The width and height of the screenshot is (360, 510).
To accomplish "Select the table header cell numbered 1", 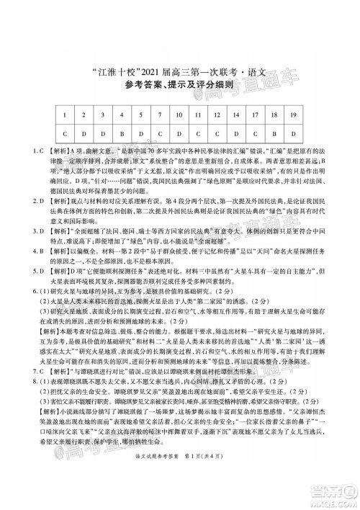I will [x=66, y=114].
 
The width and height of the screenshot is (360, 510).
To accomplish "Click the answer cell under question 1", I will [x=66, y=133].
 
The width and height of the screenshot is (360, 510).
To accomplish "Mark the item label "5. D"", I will [x=21, y=272].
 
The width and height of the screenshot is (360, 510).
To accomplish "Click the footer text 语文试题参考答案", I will [x=154, y=491].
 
